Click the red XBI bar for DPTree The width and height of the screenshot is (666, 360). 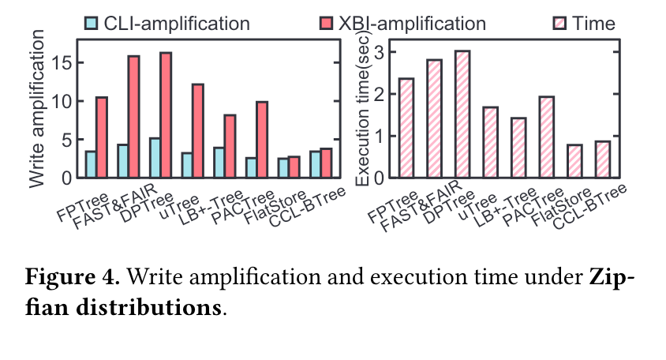point(166,114)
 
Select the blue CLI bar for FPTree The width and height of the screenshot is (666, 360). point(91,164)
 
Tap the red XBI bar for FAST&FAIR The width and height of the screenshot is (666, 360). point(134,117)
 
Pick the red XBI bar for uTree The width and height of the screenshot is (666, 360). point(198,130)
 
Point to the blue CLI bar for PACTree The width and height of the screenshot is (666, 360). point(251,167)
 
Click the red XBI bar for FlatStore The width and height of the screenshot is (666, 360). point(294,167)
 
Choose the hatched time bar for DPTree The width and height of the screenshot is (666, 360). point(462,114)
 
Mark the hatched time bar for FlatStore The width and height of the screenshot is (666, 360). point(574,161)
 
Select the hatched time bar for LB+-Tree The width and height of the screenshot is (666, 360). point(518,148)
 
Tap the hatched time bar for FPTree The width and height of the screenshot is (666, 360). point(406,128)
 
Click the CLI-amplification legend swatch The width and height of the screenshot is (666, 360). point(92,23)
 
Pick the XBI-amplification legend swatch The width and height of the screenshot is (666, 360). point(326,23)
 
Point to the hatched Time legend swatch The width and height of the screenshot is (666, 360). point(559,23)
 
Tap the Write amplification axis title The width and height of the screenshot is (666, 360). point(36,109)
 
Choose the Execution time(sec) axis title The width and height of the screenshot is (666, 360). point(362,109)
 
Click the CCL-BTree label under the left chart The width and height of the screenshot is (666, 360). point(309,207)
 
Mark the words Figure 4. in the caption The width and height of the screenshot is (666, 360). point(73,276)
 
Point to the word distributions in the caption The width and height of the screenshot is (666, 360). point(148,307)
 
